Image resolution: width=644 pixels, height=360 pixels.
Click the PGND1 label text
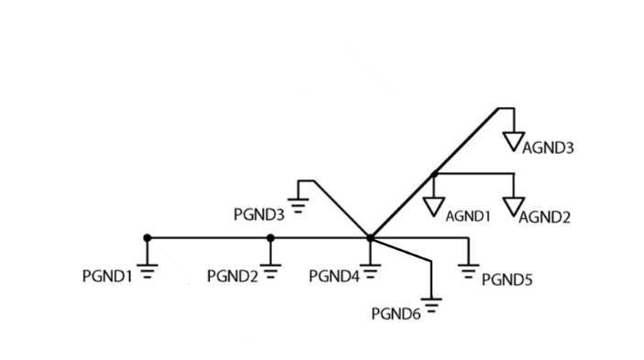click(107, 276)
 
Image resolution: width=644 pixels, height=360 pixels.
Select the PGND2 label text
click(233, 276)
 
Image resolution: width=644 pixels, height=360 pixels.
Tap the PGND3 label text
click(259, 215)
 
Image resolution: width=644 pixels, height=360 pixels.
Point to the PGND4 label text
click(333, 276)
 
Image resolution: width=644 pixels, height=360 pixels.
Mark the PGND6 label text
click(396, 313)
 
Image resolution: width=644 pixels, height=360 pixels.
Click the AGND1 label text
click(468, 216)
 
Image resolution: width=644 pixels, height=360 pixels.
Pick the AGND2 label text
click(545, 217)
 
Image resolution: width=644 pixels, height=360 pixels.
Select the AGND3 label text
click(548, 147)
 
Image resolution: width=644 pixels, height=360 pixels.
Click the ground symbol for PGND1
click(147, 269)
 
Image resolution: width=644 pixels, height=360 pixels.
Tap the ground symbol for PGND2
click(270, 269)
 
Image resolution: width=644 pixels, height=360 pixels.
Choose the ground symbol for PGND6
click(431, 304)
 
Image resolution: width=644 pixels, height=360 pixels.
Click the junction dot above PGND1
click(147, 238)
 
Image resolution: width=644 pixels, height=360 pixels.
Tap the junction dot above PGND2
click(270, 238)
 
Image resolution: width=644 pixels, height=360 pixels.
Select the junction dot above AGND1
click(434, 173)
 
